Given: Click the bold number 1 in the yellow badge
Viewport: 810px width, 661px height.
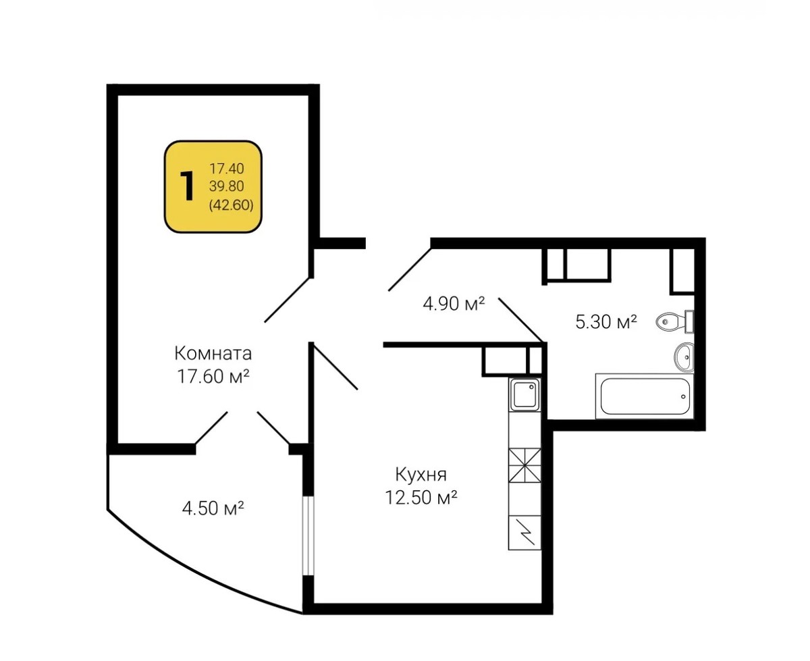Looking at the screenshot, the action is [188, 186].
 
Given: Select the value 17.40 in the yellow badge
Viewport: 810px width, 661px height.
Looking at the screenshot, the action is [227, 168].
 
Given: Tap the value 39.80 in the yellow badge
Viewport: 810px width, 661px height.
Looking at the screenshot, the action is [227, 186].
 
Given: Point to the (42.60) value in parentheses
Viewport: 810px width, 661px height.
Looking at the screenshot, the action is [231, 205].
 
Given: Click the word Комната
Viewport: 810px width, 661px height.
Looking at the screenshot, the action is [213, 353].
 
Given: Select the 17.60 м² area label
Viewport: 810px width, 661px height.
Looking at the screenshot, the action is [213, 376].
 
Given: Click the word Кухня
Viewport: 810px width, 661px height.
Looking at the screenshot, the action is [421, 475].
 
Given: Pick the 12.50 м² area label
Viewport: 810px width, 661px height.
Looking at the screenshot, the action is [421, 498].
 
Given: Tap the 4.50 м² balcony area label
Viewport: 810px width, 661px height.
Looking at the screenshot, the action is [213, 508].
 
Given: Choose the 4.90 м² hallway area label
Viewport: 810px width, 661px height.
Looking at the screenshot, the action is [454, 304].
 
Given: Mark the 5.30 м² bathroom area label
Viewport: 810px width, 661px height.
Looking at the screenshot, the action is [606, 321].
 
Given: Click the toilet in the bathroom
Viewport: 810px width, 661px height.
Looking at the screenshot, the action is [674, 321].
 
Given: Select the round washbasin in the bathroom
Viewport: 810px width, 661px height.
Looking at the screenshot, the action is [684, 357].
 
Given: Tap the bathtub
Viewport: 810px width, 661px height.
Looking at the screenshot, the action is [645, 396].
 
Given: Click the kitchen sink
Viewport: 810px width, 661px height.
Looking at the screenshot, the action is [524, 394].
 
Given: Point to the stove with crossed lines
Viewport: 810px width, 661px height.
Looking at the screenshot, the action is [524, 465].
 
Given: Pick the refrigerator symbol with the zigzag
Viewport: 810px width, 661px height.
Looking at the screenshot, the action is [524, 533].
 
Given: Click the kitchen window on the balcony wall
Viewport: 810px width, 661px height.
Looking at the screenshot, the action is [308, 536].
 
